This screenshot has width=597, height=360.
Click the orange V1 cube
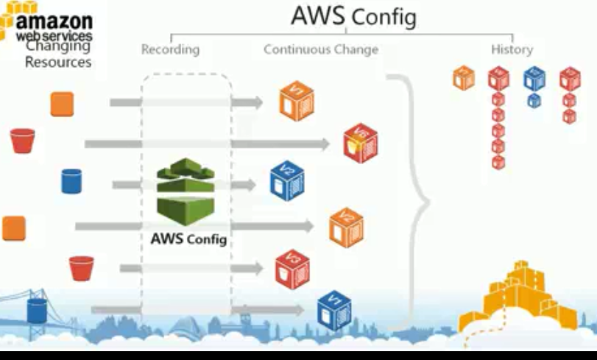(296, 102)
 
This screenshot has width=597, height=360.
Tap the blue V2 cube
(286, 180)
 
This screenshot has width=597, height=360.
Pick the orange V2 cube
(346, 226)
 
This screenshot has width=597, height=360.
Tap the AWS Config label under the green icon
(189, 239)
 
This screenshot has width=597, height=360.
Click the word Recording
(170, 50)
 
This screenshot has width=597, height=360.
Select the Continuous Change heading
(320, 50)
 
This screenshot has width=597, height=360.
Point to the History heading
(512, 50)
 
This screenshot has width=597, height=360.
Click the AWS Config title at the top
(353, 16)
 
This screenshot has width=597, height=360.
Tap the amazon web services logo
(48, 22)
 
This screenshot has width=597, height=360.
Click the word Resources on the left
(58, 63)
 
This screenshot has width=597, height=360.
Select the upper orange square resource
(62, 104)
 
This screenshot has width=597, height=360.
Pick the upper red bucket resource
(22, 140)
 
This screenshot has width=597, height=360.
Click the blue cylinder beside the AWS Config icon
(71, 180)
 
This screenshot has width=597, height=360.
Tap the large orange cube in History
(464, 77)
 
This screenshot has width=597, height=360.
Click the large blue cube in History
(534, 77)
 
